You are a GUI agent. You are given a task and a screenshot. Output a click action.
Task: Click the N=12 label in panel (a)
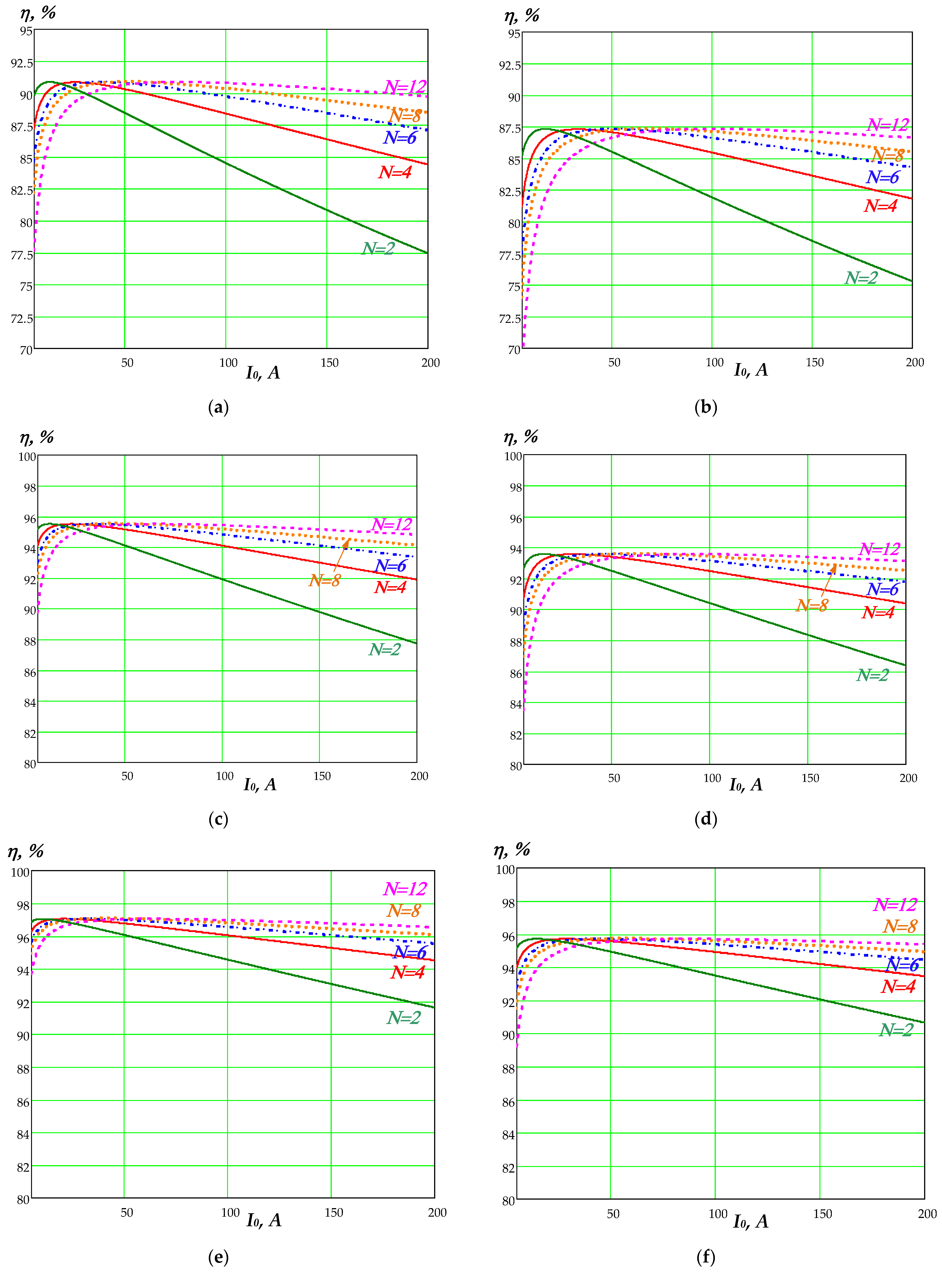(405, 87)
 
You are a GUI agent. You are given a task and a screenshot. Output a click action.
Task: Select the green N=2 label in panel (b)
(861, 278)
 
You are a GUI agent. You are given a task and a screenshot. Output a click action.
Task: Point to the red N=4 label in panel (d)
(878, 612)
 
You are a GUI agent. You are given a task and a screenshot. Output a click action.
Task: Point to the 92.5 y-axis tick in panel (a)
(22, 63)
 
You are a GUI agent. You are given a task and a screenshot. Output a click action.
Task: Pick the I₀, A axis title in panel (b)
(750, 370)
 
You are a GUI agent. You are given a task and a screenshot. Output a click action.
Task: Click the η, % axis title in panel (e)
(26, 851)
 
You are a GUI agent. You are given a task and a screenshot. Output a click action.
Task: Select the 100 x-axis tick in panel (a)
(228, 362)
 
